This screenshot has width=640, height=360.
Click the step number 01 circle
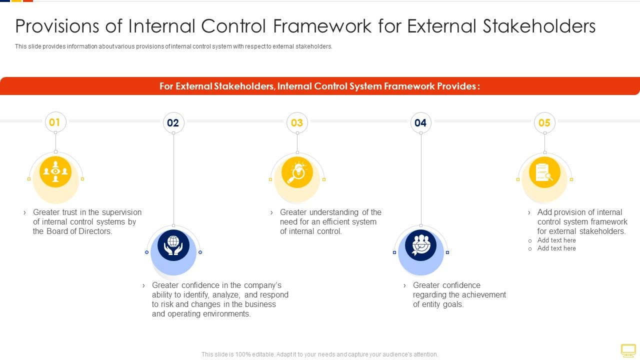tap(55, 122)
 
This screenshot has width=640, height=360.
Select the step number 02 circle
tap(173, 123)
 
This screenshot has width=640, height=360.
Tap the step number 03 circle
tap(297, 123)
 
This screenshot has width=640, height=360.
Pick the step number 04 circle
tap(420, 123)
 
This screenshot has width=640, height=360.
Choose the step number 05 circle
tap(544, 123)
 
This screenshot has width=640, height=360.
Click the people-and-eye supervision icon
tap(55, 171)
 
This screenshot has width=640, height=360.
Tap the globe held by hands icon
tap(173, 245)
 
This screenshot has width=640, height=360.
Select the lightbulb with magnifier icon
tap(297, 172)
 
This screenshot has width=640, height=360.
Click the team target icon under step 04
tap(420, 245)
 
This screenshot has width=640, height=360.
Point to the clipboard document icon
tap(544, 172)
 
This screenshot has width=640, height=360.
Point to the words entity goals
tap(438, 304)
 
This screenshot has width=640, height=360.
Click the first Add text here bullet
tap(556, 240)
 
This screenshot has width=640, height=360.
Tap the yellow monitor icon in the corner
tap(628, 349)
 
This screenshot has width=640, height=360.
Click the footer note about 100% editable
tap(319, 354)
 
